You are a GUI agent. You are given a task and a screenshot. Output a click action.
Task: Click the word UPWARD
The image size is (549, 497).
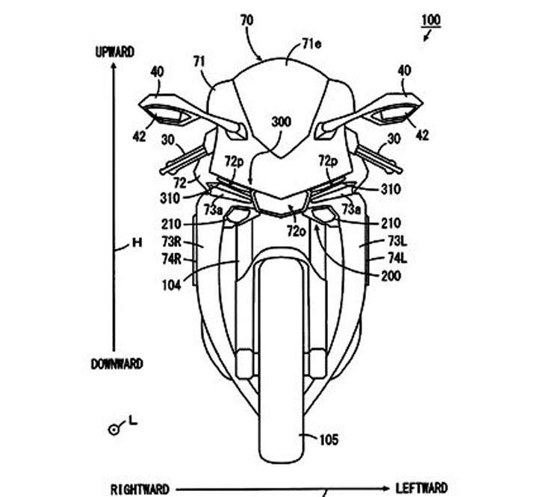click(x=114, y=51)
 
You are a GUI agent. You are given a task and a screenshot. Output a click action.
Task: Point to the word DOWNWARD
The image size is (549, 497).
click(x=117, y=364)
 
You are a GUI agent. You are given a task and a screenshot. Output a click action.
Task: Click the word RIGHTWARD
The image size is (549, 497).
click(x=140, y=489)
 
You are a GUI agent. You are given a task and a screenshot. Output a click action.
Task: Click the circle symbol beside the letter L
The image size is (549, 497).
click(x=114, y=428)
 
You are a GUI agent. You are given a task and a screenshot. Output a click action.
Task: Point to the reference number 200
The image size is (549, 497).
click(x=389, y=276)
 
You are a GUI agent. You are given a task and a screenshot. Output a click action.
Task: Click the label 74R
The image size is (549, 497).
click(x=170, y=258)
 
